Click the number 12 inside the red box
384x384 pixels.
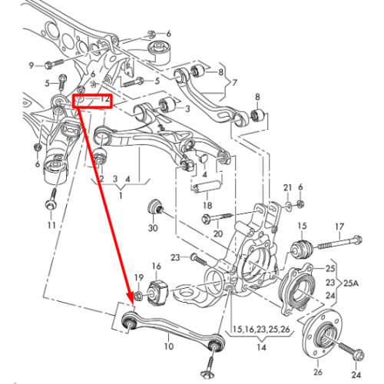coord(104,99)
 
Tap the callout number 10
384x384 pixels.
coord(168,346)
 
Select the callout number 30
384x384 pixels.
coord(153,227)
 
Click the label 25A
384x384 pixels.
coord(351,283)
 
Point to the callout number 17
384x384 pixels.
coord(339,227)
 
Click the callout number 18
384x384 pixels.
coord(207,205)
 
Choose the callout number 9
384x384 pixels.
coord(31,65)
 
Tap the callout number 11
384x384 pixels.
coord(51,225)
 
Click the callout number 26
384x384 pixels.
coord(318,372)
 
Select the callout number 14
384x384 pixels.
coord(261,347)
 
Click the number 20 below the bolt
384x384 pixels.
coord(218,233)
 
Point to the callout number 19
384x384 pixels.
coord(139,277)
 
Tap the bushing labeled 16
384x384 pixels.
coord(157,292)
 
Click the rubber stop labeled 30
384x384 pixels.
coord(154,207)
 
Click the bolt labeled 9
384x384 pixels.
coord(55,64)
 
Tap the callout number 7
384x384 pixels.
coord(234,83)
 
